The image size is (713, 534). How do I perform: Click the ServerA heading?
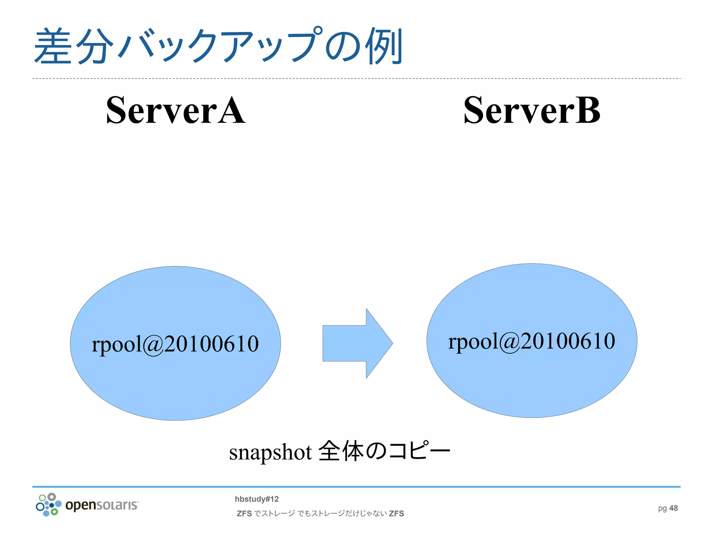point(175,111)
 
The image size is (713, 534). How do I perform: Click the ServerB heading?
point(532,111)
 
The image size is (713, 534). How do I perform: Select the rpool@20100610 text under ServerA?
point(175,344)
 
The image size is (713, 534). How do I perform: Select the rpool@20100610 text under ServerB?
point(532,341)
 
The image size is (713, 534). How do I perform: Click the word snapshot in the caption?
point(270,452)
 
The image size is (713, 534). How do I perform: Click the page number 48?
point(674,508)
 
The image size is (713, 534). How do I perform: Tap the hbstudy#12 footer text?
point(257,499)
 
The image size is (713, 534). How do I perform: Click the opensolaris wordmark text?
point(102,505)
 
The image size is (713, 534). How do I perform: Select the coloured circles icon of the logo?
point(48,504)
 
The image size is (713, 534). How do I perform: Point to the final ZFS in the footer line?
point(397,513)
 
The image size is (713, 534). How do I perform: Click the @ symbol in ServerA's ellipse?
point(153,345)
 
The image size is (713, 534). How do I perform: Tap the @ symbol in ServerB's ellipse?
point(510,342)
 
